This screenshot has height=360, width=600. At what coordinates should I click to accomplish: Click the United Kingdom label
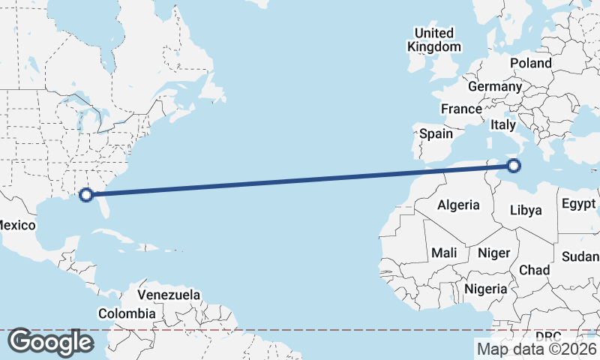point(434,40)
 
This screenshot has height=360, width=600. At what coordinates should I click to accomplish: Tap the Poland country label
point(531,63)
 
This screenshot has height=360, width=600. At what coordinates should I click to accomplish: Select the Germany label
point(494,86)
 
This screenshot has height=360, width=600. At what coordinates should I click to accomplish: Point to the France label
point(461,109)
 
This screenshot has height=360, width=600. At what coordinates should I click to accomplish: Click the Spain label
point(436,133)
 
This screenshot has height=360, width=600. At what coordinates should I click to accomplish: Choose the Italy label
point(503,125)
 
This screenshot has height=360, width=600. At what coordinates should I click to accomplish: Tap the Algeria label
point(458,205)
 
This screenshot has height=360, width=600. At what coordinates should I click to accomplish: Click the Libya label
point(525,210)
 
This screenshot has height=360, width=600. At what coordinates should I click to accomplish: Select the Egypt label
point(578,204)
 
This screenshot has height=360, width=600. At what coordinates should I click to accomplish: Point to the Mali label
point(444,253)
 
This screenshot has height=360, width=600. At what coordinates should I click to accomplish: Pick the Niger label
point(493,253)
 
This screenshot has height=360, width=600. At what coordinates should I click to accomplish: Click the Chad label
point(534,270)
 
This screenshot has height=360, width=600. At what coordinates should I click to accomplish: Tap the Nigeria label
point(486,289)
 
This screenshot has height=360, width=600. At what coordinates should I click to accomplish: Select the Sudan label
point(580,256)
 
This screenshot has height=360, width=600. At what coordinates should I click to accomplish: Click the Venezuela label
point(169,295)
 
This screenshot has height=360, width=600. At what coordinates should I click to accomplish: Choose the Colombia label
point(127,313)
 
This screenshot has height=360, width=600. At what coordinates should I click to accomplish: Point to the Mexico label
point(16,225)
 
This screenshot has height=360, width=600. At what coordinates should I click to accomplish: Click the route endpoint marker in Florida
point(86,194)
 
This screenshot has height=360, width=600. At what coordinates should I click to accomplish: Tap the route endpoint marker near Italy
point(514,166)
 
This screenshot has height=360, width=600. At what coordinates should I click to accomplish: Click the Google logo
point(50,342)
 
